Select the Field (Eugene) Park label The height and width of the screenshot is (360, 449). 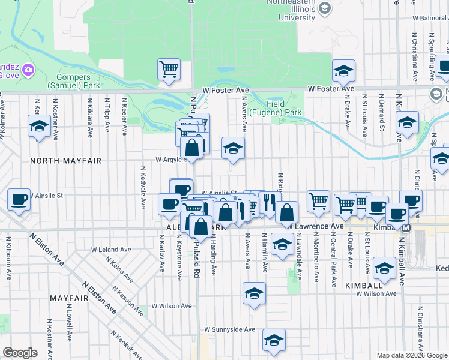tap(284, 108)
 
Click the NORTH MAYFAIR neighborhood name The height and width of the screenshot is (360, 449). tap(65, 161)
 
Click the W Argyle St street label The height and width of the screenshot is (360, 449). tap(170, 160)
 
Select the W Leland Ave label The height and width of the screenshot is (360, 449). tap(111, 249)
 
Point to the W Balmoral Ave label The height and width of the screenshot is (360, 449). tap(429, 19)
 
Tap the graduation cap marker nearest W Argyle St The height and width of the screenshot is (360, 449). tap(233, 148)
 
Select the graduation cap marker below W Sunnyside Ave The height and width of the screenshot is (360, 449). tap(274, 341)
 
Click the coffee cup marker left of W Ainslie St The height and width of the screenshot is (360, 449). tap(19, 199)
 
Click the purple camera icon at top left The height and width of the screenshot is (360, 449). tap(28, 71)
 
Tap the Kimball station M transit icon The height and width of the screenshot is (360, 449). tap(406, 229)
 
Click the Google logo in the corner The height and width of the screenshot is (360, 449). tap(20, 353)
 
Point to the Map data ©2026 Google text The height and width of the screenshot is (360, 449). tap(411, 355)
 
